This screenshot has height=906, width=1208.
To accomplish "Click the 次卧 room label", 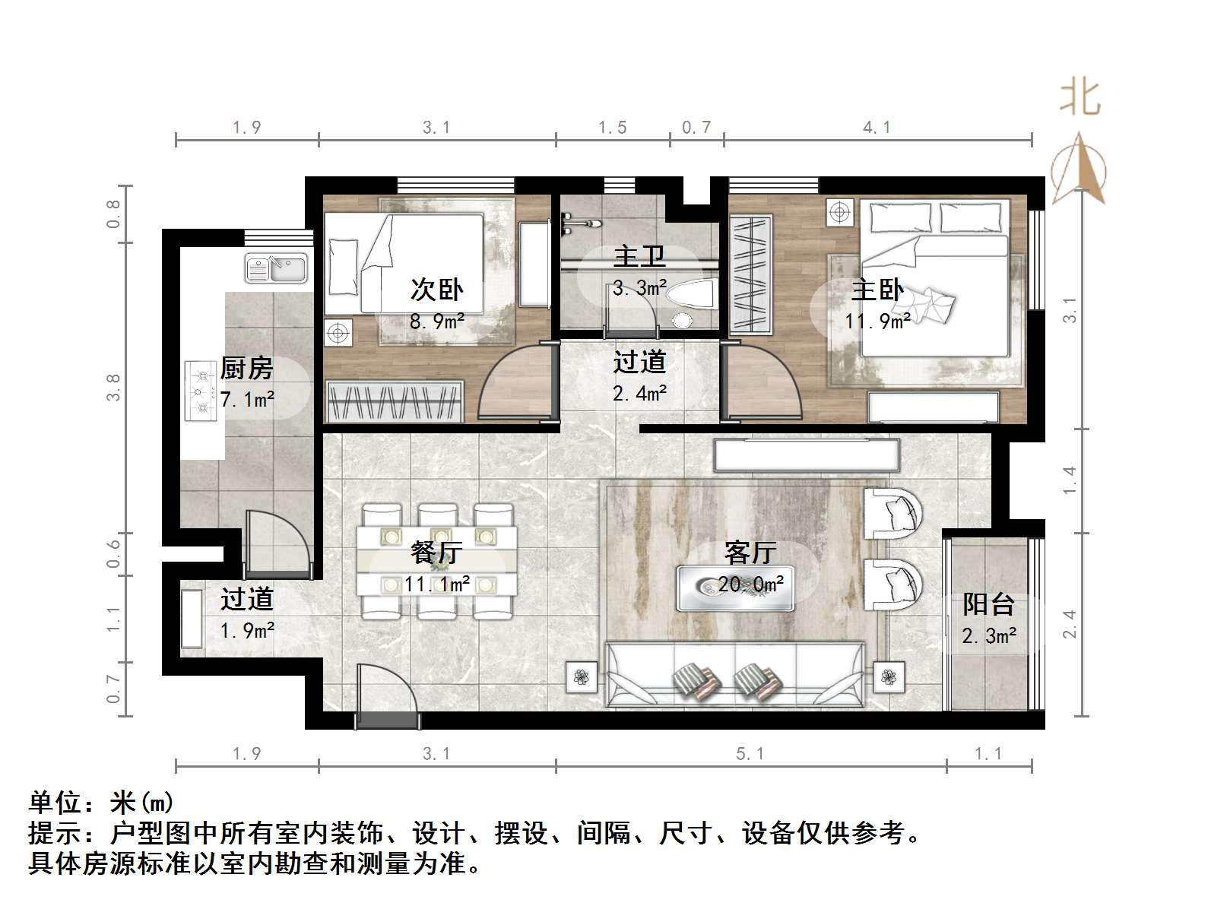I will [436, 290].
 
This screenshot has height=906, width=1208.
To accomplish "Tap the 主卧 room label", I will [877, 290].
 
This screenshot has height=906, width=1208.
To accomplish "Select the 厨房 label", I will [246, 369].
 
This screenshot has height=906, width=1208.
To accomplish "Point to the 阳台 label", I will [988, 604].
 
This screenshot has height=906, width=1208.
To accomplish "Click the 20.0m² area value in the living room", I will [751, 584].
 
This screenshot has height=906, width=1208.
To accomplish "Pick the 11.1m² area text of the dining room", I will [436, 584].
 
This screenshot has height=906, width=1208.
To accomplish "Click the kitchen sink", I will [276, 268].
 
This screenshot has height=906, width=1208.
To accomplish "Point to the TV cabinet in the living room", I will [806, 455].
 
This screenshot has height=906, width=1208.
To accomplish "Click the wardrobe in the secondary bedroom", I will [395, 401].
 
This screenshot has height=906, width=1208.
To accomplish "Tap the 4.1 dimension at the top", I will [877, 127].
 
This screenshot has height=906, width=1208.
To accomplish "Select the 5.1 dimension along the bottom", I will [750, 753].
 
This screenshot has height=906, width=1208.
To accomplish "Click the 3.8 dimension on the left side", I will [114, 388].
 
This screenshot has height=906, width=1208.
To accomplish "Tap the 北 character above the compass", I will [1080, 99].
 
